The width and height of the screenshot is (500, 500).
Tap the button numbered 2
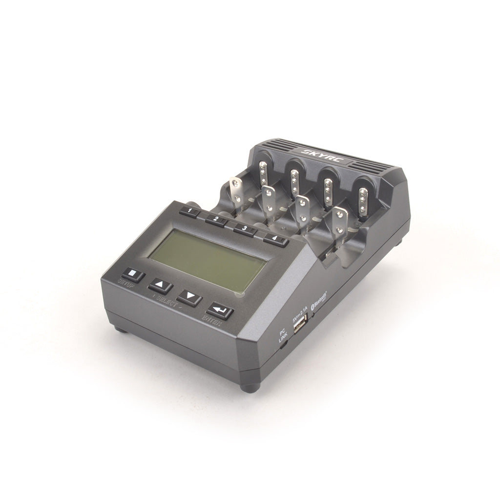[215, 220]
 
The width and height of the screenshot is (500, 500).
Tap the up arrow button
[160, 286]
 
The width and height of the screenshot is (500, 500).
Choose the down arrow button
[189, 297]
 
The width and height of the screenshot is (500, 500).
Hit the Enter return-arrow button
[220, 311]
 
